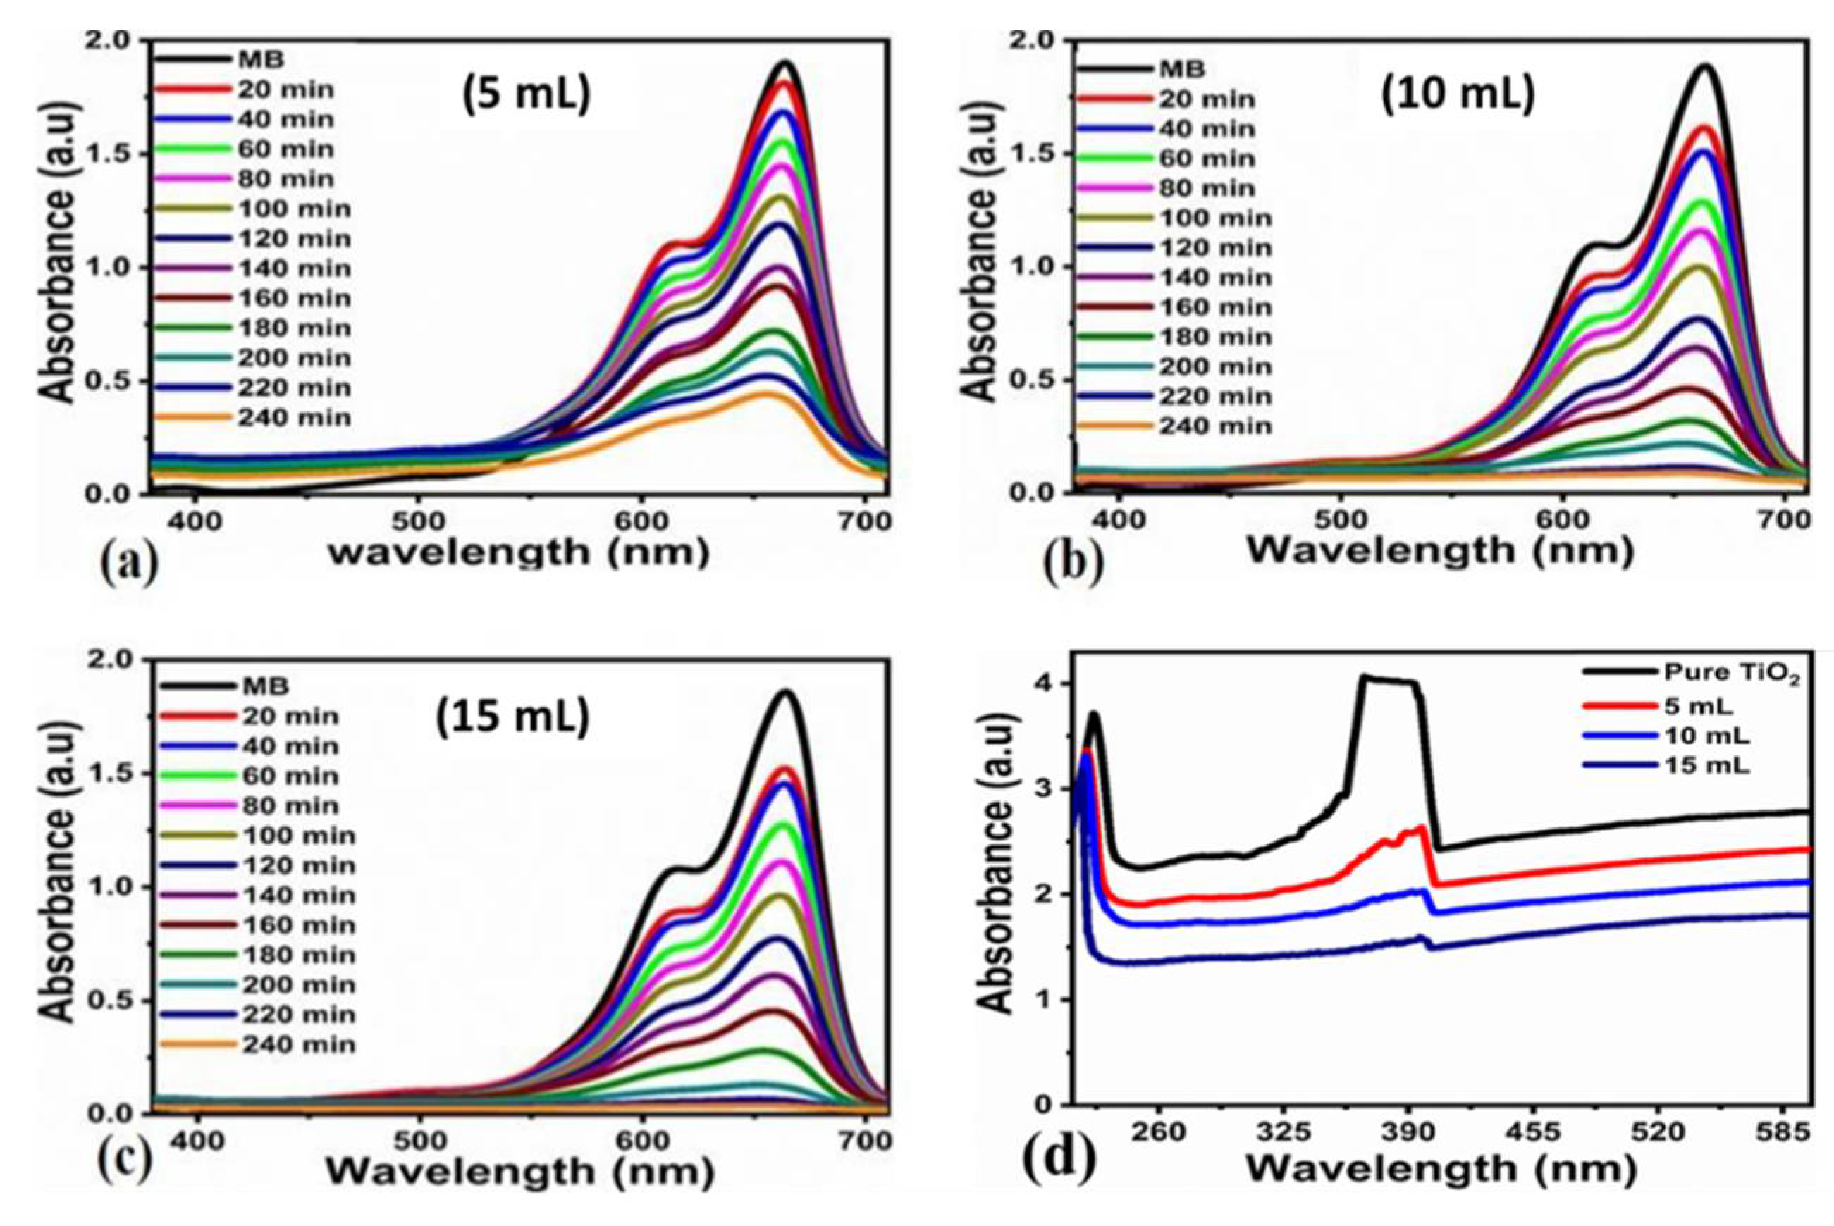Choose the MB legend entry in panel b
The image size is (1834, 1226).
tap(1183, 70)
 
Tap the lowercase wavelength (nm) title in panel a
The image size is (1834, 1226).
tap(519, 553)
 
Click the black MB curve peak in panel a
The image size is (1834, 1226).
tap(786, 64)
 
